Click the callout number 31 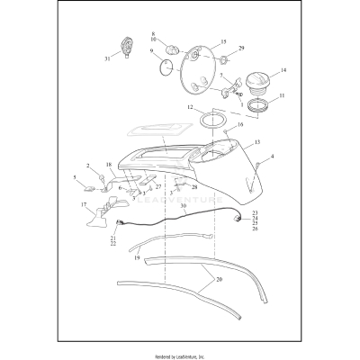tap(106, 59)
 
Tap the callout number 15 tap(223, 42)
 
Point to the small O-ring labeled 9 tap(164, 66)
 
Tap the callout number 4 tap(273, 157)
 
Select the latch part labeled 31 tap(126, 45)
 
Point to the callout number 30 tap(183, 206)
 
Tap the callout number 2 tap(88, 166)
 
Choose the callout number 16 tap(240, 125)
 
